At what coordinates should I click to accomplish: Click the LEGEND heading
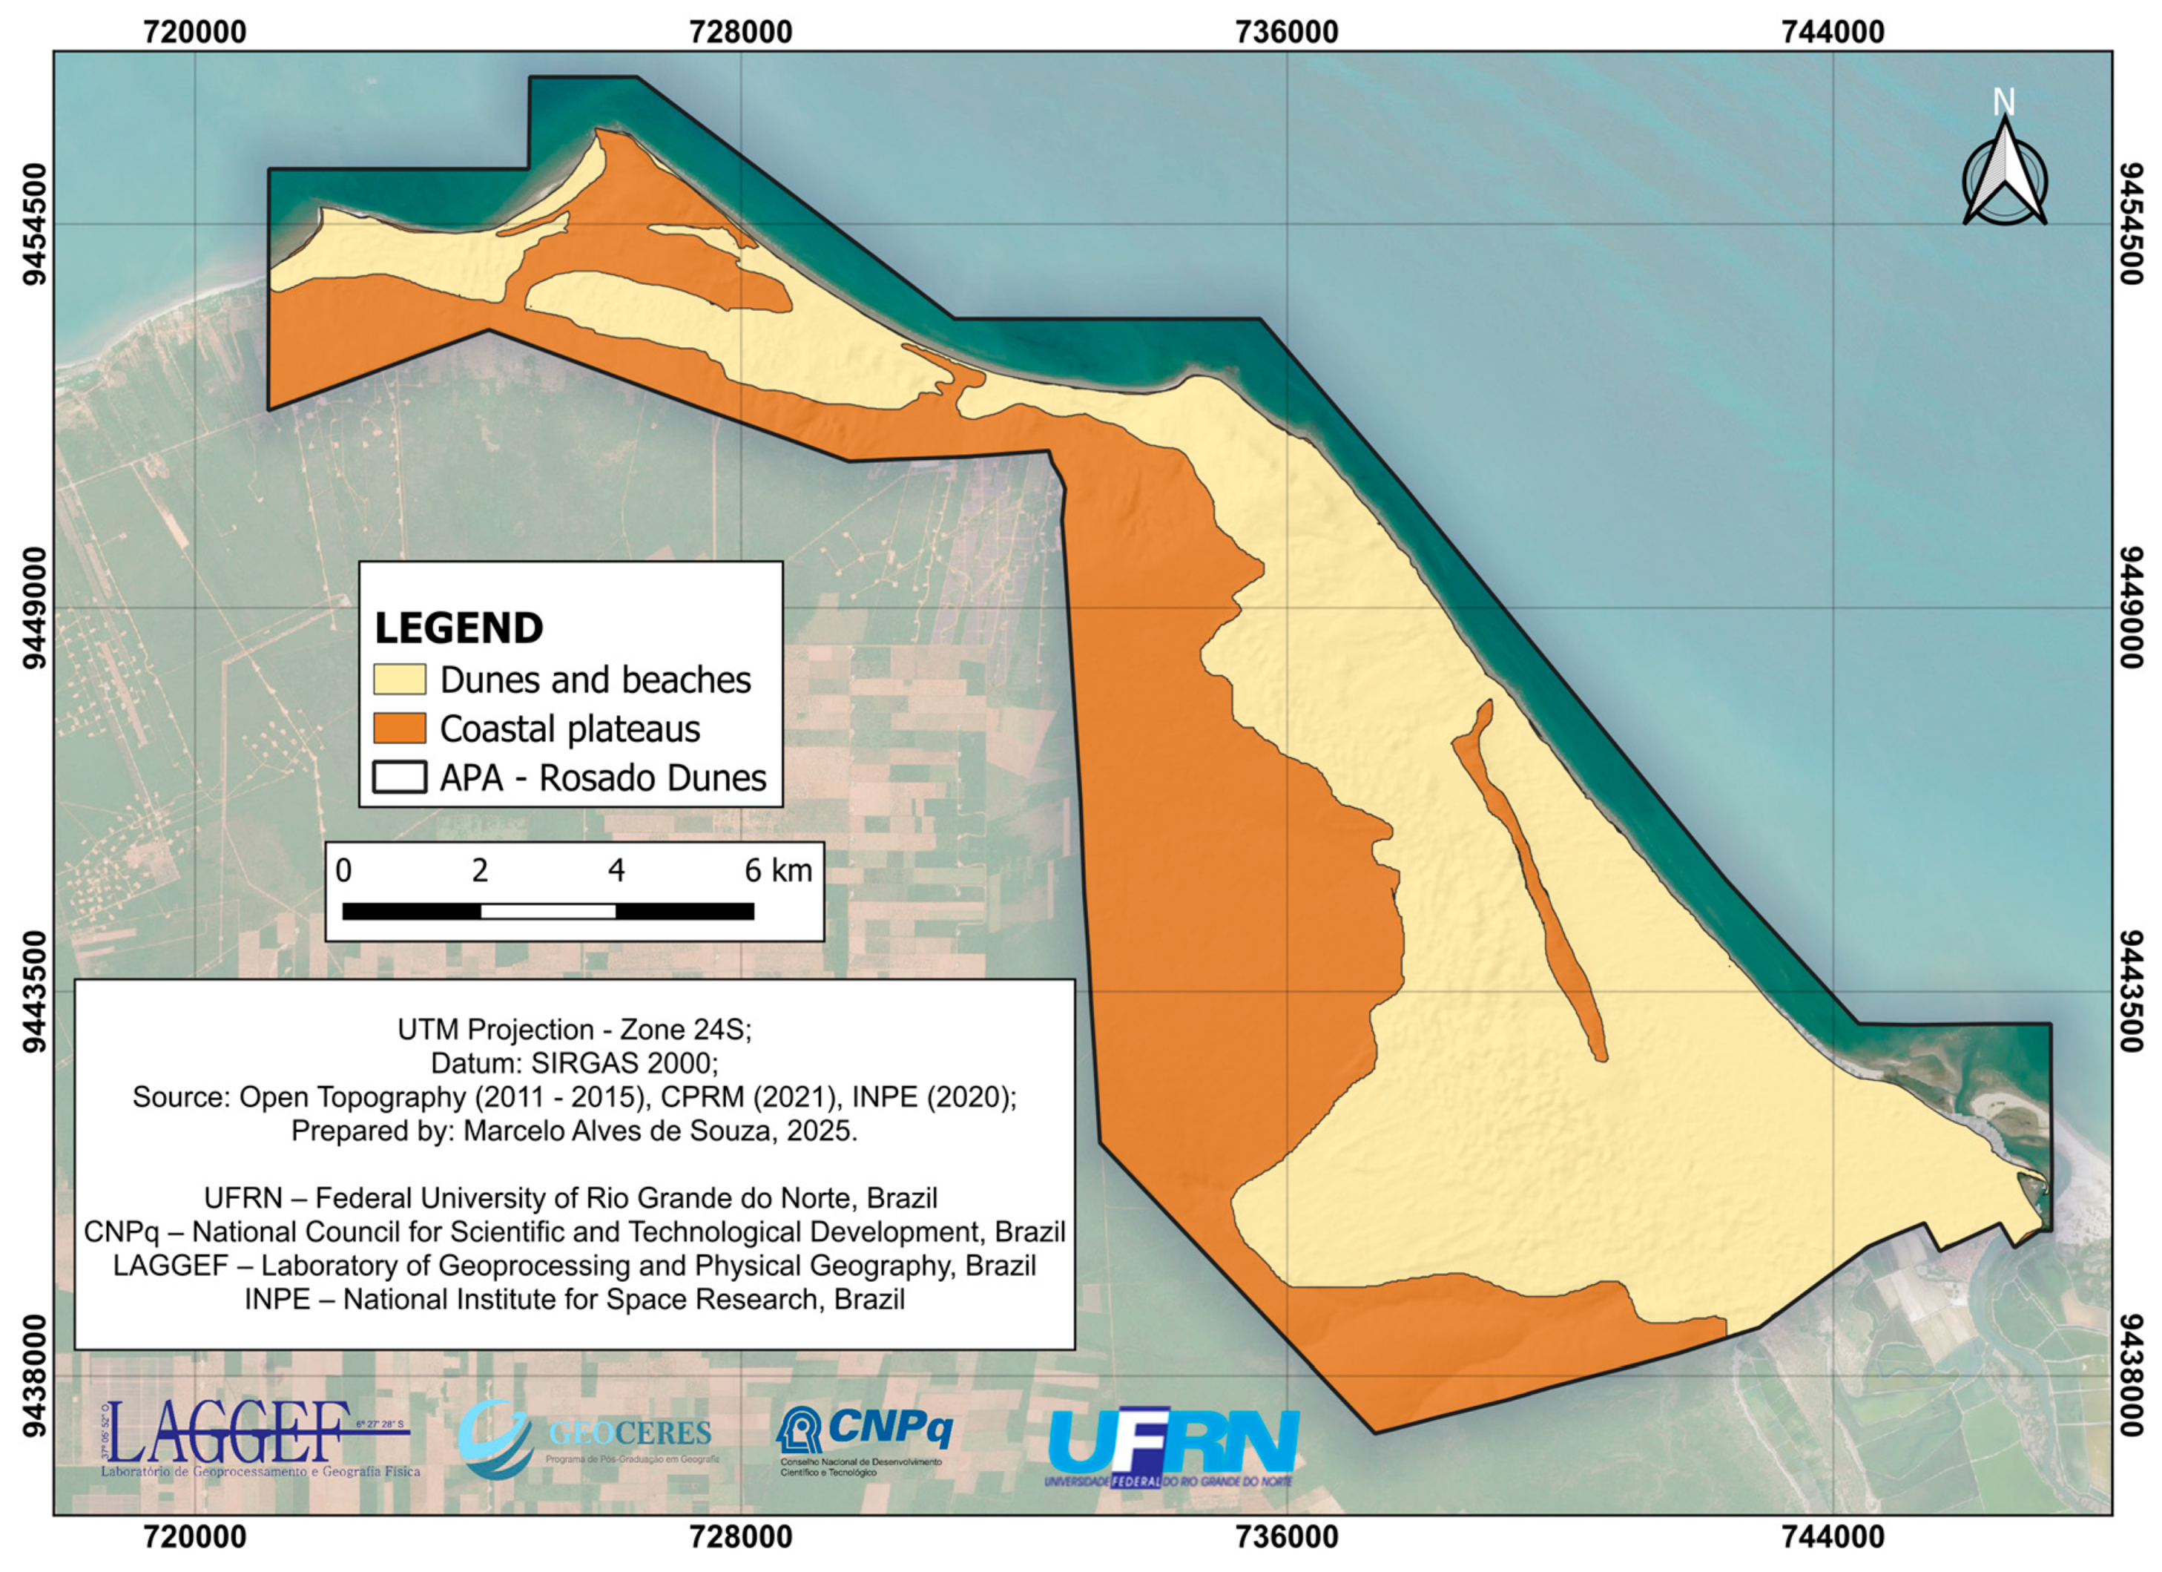pos(458,628)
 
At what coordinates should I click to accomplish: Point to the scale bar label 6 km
pos(778,870)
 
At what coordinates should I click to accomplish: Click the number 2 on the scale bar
pos(479,870)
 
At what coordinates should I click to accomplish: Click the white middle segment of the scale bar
pos(548,911)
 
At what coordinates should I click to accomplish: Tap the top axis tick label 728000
pos(741,33)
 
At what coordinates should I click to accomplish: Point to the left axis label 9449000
pos(34,608)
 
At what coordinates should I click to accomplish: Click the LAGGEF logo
pos(257,1437)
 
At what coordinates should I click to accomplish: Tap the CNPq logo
pos(866,1438)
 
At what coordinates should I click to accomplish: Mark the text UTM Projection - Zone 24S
pos(574,1030)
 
